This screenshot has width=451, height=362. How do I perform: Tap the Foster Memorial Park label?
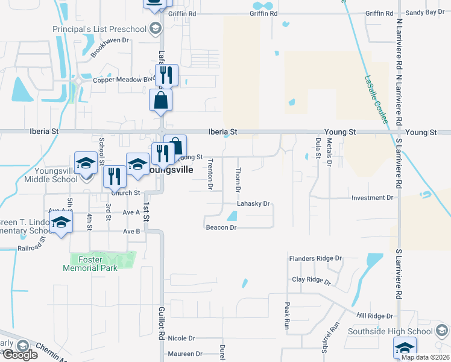(x=90, y=264)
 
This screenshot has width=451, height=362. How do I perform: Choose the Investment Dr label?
(x=372, y=198)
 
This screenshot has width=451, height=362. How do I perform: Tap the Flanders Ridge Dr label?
(x=315, y=259)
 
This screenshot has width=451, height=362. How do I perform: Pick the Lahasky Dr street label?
(x=253, y=205)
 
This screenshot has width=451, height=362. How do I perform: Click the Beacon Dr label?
(x=221, y=227)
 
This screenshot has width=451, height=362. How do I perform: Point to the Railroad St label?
(x=32, y=247)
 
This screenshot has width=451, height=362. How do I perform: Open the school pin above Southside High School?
(x=405, y=348)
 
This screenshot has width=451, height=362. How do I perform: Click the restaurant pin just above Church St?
(x=115, y=176)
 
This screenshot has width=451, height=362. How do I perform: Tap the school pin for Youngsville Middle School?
(x=86, y=162)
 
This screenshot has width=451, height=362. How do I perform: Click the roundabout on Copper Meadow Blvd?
(x=77, y=80)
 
